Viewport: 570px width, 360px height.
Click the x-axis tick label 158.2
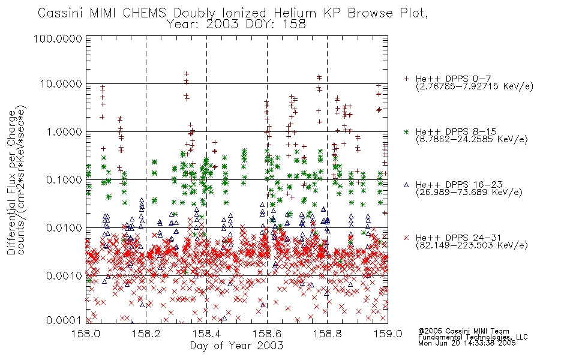point(146,334)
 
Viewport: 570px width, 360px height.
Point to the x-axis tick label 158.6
point(267,334)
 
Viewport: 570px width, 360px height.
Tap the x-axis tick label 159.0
point(388,334)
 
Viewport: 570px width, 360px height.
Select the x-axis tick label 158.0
point(86,334)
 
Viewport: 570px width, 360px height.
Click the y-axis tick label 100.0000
point(58,38)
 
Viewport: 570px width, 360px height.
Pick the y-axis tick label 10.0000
point(61,84)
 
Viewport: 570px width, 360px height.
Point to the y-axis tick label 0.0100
point(64,228)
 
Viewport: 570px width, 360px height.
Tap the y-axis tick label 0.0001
point(64,320)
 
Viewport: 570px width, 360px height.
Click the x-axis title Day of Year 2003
point(236,346)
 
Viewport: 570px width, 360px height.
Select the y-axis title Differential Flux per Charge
point(11,183)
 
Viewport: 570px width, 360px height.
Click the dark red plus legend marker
point(406,79)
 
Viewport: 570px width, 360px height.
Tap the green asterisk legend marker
point(406,131)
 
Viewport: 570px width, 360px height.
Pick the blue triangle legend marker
point(406,185)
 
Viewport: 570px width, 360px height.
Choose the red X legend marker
point(406,238)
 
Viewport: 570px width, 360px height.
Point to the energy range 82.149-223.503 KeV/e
point(472,245)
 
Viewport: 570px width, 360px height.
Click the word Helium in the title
point(295,13)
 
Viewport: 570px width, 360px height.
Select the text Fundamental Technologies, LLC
point(473,337)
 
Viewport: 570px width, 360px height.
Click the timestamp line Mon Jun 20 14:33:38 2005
point(467,343)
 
